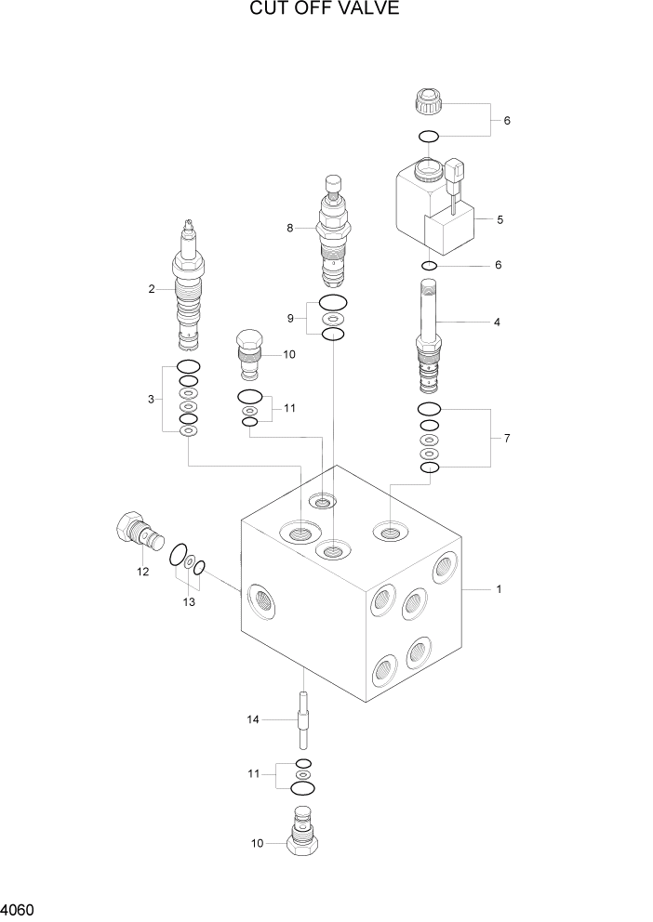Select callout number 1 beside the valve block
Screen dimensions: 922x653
click(x=499, y=589)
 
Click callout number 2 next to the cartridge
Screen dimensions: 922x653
click(x=151, y=289)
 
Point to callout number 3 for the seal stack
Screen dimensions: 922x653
click(x=151, y=400)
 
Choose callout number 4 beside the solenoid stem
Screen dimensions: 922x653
click(x=497, y=323)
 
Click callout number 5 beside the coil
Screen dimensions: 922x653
click(x=500, y=220)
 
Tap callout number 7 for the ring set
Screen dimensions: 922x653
click(x=506, y=438)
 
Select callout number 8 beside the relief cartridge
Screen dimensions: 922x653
click(x=290, y=228)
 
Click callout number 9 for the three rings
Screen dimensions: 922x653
click(x=290, y=318)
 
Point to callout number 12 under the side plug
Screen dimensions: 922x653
click(x=142, y=573)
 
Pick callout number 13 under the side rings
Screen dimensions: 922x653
click(x=189, y=602)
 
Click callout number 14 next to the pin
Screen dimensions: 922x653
click(x=252, y=719)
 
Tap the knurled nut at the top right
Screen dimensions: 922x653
click(x=429, y=100)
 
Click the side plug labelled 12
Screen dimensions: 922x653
click(x=135, y=533)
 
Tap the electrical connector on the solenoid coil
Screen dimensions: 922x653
click(x=454, y=175)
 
